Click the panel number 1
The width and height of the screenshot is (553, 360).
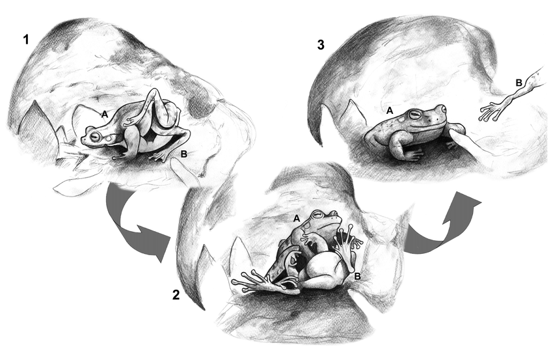click(x=25, y=40)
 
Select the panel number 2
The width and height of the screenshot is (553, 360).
click(x=176, y=294)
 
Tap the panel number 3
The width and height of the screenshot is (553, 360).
click(x=321, y=45)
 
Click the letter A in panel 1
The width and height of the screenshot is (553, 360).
click(x=104, y=115)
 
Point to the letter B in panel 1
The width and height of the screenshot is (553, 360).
click(x=183, y=154)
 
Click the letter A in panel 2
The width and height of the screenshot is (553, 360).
click(x=297, y=219)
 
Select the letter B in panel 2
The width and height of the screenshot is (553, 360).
click(x=357, y=277)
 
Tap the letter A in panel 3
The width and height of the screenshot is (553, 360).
click(x=389, y=111)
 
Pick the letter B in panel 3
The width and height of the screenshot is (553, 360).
click(x=519, y=83)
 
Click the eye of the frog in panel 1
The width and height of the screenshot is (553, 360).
click(x=95, y=137)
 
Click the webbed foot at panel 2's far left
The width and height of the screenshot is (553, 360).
click(x=247, y=281)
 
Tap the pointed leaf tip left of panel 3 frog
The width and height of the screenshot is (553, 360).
click(x=350, y=101)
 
